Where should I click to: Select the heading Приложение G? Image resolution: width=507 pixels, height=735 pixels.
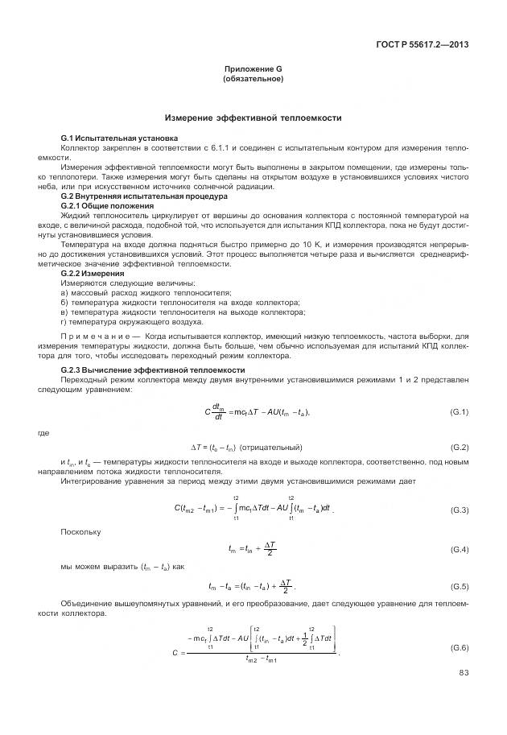(253, 71)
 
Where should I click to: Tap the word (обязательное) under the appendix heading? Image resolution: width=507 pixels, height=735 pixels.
(253, 80)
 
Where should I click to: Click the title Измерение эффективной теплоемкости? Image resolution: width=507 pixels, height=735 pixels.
(253, 118)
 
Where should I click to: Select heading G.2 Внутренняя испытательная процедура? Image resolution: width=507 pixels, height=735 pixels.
(144, 196)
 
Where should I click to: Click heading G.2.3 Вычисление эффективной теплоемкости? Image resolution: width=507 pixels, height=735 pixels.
(153, 370)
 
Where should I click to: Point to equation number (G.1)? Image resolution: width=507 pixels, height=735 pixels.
(460, 412)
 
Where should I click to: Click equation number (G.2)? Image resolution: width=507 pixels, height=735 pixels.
(460, 447)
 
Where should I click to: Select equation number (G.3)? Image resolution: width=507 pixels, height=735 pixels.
(460, 510)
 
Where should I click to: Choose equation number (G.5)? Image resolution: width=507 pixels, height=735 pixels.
(460, 585)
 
